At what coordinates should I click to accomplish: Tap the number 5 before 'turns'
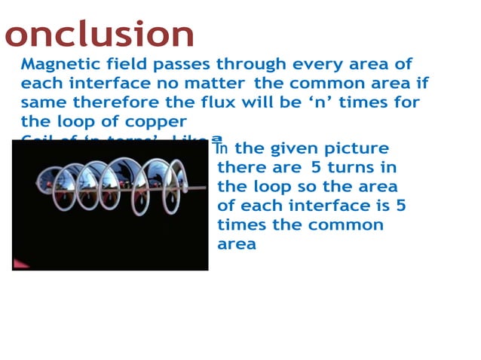tap(315, 168)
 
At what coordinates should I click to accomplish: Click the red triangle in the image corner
tap(19, 264)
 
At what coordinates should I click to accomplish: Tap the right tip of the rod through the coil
tap(205, 187)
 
